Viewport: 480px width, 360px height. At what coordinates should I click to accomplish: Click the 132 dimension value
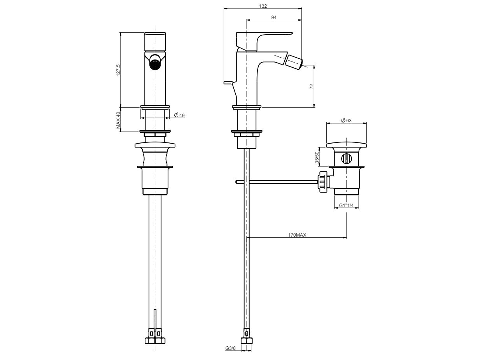point(263,6)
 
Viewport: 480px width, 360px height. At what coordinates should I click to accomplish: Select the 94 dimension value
point(274,18)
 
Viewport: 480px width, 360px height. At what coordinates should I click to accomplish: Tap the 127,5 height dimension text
point(118,70)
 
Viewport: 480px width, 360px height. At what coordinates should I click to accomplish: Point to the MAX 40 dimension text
point(118,120)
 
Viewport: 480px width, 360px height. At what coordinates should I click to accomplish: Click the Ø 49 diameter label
point(180,115)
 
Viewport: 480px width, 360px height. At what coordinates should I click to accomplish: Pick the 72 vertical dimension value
point(312,86)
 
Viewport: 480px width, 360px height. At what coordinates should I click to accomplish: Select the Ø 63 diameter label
point(346,120)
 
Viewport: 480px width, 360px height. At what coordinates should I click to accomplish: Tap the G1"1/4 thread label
point(346,205)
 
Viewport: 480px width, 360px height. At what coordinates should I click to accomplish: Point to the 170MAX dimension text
point(297,235)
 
